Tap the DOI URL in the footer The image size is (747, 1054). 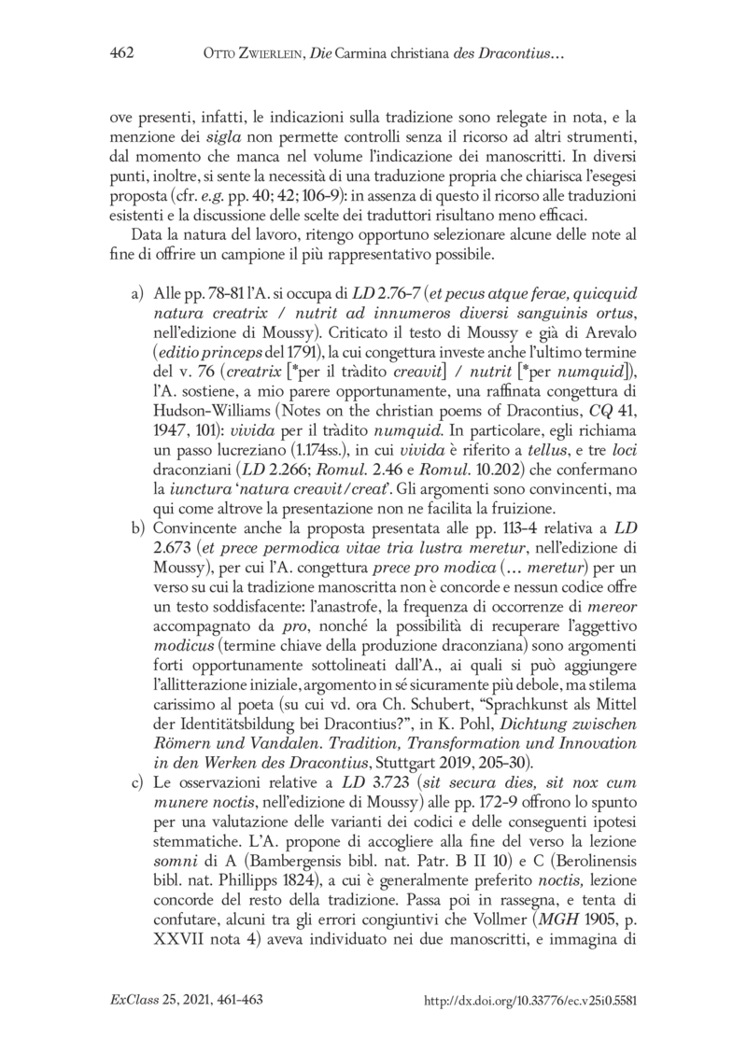pyautogui.click(x=529, y=1000)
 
